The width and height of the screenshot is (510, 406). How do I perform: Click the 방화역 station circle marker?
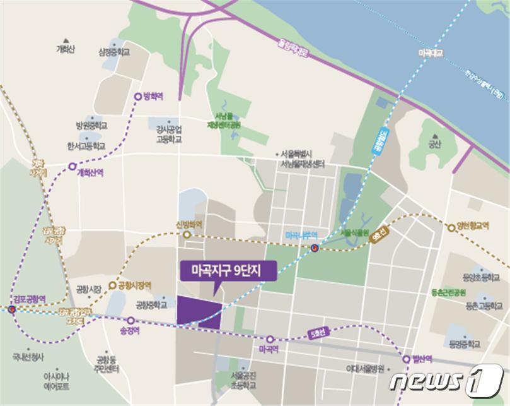coord(138,97)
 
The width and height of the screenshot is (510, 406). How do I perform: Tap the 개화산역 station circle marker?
coord(72,167)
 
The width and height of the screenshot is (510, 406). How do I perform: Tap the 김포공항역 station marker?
coord(11,310)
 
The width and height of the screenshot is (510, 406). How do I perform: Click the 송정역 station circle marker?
coord(131,320)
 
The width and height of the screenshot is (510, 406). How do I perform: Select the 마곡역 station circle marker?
coord(270,339)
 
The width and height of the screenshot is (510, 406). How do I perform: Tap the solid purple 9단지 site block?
coord(199,312)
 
